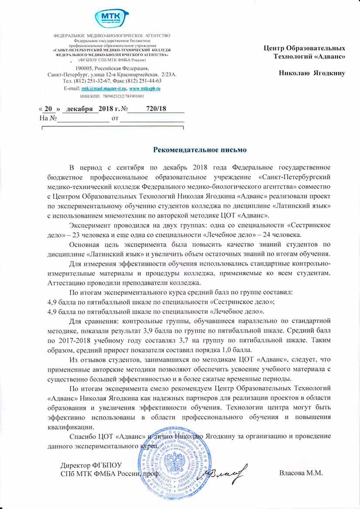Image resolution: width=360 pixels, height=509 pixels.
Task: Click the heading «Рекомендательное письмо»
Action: tap(200, 150)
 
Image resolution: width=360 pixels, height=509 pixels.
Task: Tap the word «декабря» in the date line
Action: tap(77, 109)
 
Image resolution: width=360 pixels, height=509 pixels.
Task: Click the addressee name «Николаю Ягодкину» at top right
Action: tap(312, 73)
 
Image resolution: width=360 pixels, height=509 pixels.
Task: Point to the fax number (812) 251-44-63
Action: tap(145, 81)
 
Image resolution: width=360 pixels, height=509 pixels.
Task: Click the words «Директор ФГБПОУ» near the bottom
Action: tap(91, 465)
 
